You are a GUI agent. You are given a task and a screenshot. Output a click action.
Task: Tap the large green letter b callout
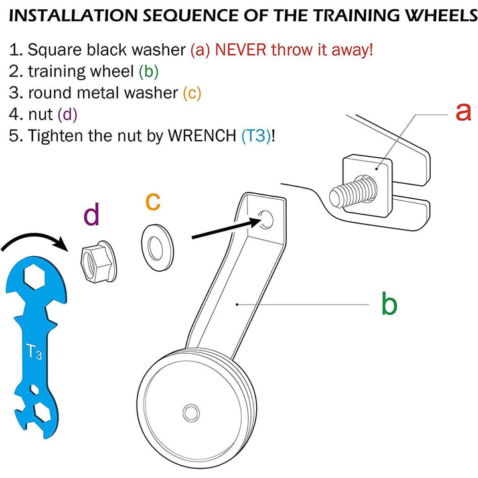tap(389, 304)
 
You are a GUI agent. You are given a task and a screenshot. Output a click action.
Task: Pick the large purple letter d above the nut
tap(92, 215)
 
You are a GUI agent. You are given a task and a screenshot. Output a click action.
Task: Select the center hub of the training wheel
tap(191, 410)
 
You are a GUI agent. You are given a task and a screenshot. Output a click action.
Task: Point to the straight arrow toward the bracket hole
tap(222, 230)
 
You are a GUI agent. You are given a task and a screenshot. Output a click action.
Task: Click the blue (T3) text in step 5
tap(256, 135)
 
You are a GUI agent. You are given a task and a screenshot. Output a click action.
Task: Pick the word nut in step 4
tap(40, 114)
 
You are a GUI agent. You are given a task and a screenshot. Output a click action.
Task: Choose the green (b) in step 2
tap(148, 71)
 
